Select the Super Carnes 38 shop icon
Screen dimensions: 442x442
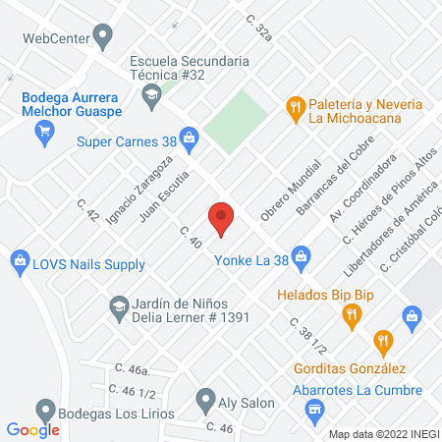190,140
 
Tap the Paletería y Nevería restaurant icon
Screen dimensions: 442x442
294,107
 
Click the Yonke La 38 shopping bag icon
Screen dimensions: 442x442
301,258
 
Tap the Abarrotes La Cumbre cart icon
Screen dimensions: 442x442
314,414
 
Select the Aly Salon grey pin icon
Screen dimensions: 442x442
205,400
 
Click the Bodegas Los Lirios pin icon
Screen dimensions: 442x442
44,410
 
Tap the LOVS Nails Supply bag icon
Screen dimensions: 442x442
19,260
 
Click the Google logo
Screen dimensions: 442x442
33,429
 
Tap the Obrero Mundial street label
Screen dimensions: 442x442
291,189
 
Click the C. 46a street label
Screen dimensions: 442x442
132,369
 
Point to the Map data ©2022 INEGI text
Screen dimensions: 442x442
383,434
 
